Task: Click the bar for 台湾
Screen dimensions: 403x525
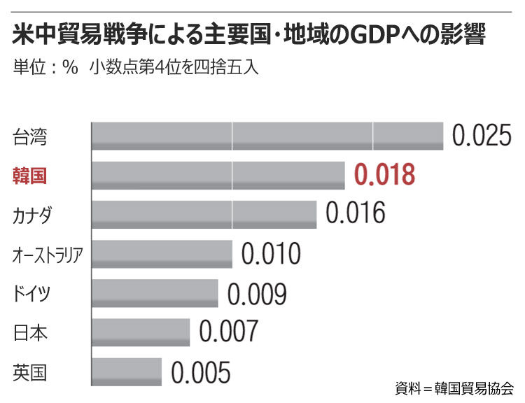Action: [267, 136]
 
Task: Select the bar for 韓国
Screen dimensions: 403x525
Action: [218, 175]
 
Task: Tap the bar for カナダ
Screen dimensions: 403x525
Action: [204, 214]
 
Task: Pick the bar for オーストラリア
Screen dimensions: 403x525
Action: [162, 254]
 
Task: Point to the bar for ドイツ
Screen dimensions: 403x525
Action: [155, 293]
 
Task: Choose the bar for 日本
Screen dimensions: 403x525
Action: [141, 332]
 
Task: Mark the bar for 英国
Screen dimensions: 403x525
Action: [127, 372]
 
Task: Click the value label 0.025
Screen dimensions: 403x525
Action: [482, 135]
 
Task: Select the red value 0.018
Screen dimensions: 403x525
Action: [385, 174]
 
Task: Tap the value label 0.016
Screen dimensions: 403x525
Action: [356, 213]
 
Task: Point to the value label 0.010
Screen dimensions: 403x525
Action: [271, 253]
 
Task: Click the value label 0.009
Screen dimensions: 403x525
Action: [257, 293]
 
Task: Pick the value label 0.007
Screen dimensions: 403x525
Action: [229, 332]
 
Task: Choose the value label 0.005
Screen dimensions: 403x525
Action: [201, 372]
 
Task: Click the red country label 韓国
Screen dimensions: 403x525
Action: [29, 175]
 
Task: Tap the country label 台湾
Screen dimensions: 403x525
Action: [29, 136]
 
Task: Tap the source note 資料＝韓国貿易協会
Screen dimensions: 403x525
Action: [454, 387]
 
